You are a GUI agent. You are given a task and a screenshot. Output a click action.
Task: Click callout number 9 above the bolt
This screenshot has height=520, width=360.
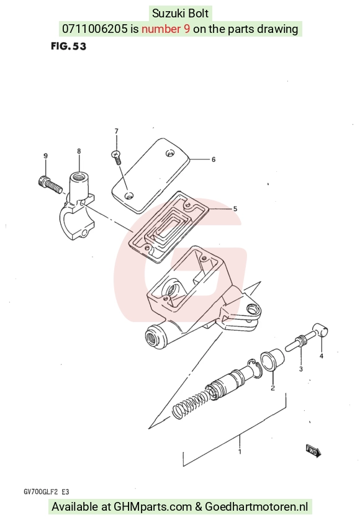(45, 156)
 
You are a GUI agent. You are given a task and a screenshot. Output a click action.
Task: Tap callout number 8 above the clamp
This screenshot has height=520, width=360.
(79, 151)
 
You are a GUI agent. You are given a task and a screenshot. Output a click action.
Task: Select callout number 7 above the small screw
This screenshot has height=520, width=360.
(116, 132)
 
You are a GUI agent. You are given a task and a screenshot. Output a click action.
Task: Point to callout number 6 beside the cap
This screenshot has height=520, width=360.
(214, 159)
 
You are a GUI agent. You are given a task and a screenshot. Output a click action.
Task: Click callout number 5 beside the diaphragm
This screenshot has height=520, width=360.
(235, 208)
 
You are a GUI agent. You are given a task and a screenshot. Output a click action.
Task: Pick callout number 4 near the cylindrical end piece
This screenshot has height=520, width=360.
(321, 356)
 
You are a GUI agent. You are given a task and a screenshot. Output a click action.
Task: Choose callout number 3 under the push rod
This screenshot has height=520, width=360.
(301, 369)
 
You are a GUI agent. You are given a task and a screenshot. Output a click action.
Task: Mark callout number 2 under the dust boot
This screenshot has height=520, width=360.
(272, 388)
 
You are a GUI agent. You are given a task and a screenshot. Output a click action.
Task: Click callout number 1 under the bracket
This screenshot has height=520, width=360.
(240, 451)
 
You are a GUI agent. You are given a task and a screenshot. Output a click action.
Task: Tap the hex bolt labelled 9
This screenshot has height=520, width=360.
(50, 185)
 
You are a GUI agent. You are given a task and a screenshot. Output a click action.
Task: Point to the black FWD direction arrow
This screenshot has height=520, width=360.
(313, 451)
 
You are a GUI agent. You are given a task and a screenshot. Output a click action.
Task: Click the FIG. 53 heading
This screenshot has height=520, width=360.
(69, 46)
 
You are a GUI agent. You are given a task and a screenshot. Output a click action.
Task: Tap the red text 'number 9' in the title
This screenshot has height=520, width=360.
(166, 29)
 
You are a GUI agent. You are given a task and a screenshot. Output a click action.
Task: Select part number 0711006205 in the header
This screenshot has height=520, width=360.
(94, 29)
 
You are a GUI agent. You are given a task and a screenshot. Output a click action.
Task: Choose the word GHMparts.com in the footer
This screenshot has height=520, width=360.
(153, 507)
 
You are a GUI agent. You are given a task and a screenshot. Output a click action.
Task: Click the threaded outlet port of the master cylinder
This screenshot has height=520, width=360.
(154, 337)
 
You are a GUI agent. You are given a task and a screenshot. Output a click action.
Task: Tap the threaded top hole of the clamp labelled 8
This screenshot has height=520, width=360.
(79, 176)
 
